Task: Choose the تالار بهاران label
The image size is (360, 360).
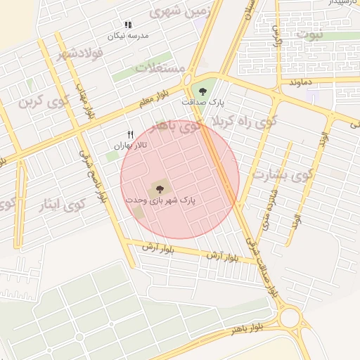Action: click(130, 145)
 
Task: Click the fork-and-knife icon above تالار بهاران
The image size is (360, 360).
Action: click(130, 134)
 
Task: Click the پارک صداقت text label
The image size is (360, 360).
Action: click(203, 103)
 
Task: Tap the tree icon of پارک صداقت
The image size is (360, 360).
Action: click(203, 91)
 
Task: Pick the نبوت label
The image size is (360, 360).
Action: click(309, 34)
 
